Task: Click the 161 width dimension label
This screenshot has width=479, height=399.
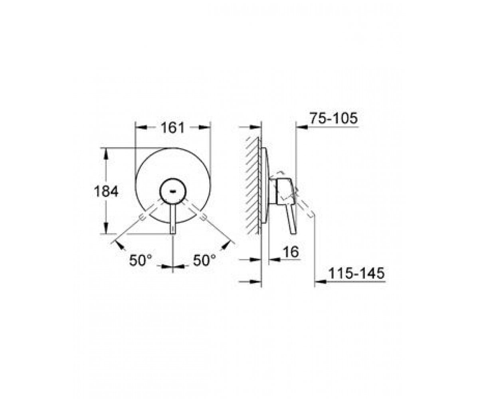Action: tap(172, 128)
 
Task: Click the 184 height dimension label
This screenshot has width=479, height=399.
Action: tap(106, 191)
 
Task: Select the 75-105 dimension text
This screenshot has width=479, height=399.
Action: tap(334, 119)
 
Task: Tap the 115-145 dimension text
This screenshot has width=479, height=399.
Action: tap(356, 273)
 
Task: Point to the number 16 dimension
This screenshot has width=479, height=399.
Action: tap(291, 252)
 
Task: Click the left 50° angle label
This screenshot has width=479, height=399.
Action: tap(141, 260)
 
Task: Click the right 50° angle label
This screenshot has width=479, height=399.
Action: tap(204, 260)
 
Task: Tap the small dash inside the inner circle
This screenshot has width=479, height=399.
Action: tap(173, 191)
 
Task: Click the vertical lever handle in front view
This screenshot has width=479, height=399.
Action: tap(173, 219)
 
